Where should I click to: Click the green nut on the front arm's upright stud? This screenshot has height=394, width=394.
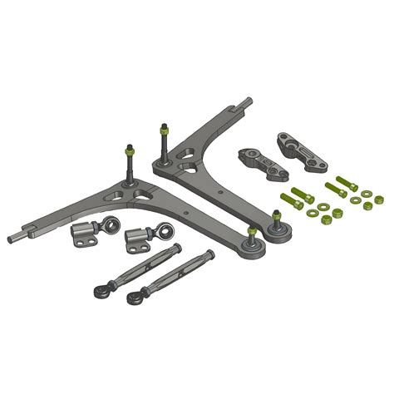tap(129, 151)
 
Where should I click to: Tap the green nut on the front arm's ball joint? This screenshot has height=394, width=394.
tap(251, 231)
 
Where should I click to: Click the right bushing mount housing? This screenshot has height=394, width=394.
tap(137, 241)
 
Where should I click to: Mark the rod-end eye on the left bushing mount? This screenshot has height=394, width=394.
tap(110, 224)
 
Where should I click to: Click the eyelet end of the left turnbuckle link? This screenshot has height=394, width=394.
tap(101, 291)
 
